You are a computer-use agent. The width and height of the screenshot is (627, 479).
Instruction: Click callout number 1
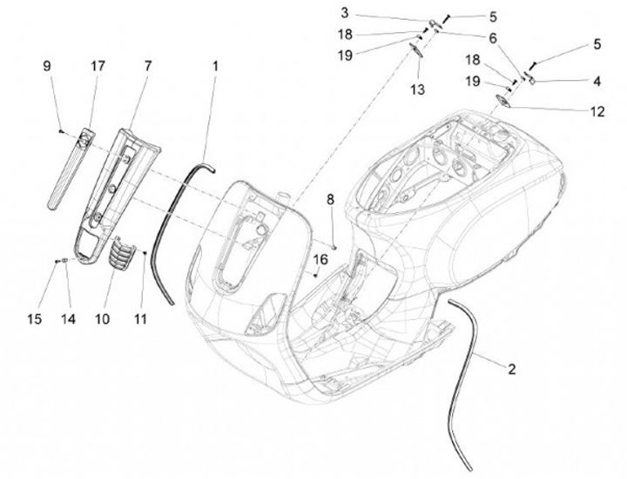click(x=215, y=65)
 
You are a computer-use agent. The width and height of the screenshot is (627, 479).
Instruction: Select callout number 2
click(x=511, y=369)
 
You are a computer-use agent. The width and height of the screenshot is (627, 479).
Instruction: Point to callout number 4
click(x=596, y=82)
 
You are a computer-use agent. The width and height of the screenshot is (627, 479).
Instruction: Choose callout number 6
click(x=493, y=38)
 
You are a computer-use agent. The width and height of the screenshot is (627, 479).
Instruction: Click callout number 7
click(x=147, y=65)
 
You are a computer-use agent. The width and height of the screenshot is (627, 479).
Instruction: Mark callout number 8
click(x=330, y=201)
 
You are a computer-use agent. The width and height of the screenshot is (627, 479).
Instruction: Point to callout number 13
click(x=417, y=90)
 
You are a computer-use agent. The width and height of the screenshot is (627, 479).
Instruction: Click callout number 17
click(x=97, y=65)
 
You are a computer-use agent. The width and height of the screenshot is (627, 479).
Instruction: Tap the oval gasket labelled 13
click(x=416, y=51)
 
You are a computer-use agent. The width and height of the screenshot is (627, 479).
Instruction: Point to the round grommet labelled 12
click(x=502, y=102)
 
